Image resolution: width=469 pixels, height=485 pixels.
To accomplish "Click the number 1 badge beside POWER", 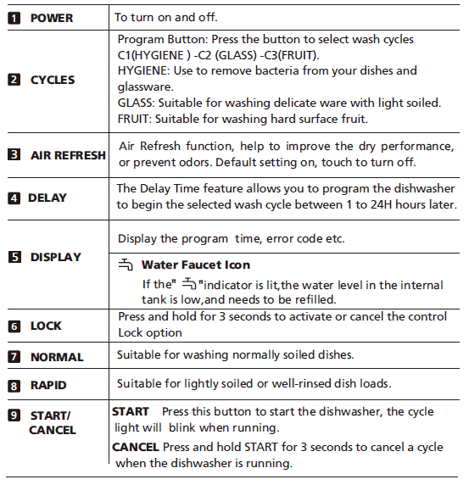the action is [x=14, y=17].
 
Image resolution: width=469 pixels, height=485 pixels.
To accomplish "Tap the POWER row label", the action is [x=52, y=17].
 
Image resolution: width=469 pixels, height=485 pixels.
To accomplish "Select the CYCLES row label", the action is [x=53, y=80].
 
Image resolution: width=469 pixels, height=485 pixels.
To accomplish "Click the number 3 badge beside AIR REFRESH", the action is [x=14, y=155].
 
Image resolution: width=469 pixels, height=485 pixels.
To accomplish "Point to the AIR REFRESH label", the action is [x=68, y=155].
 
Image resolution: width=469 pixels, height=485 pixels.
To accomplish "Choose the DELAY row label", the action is [x=47, y=198].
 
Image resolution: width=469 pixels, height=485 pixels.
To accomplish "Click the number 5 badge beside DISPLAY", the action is [x=14, y=257].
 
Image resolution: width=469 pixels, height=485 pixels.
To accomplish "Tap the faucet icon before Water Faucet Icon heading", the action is [x=126, y=265].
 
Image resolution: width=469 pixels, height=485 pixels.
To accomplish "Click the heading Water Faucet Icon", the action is [x=195, y=265].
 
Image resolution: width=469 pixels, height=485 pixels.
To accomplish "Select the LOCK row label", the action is [x=46, y=326].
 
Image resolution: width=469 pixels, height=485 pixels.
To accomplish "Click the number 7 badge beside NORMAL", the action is [x=14, y=357].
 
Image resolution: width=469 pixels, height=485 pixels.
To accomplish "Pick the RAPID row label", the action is [x=48, y=386].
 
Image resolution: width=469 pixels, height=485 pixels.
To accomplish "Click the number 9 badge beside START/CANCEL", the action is [x=14, y=415].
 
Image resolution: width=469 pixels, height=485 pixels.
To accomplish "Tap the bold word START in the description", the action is [x=131, y=411].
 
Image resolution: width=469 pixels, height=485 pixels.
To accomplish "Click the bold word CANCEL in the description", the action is [x=135, y=447].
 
